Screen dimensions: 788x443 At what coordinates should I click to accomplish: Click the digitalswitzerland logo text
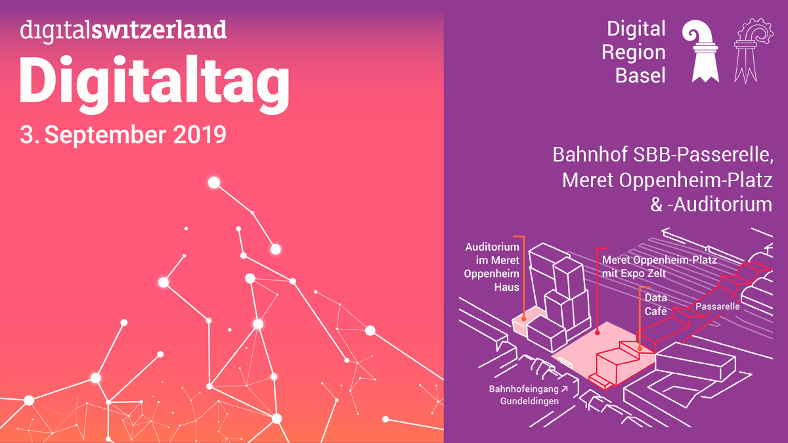tap(123, 31)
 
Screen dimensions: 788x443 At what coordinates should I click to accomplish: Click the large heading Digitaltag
tap(154, 84)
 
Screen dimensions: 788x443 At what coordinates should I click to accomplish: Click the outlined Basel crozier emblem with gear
tap(753, 51)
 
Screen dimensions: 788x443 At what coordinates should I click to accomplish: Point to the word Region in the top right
tap(634, 53)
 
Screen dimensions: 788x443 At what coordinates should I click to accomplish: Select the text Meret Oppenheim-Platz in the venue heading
tap(667, 180)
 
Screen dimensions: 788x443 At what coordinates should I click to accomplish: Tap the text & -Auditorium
tap(711, 205)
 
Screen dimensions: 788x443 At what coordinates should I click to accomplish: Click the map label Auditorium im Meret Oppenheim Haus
tap(491, 267)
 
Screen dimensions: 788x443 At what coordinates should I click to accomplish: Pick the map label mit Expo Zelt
tap(634, 273)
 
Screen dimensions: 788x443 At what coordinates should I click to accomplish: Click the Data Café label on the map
tap(656, 305)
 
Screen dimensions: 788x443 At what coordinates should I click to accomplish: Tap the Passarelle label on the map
tap(718, 306)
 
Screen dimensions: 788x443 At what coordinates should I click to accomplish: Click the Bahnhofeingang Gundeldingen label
tap(528, 395)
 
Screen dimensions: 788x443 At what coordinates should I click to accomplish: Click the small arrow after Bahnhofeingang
tap(564, 389)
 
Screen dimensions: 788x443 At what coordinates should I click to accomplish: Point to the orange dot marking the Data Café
tap(640, 348)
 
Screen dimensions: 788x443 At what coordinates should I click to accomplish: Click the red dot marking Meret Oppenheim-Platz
tap(598, 332)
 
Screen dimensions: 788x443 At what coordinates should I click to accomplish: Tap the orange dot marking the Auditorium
tap(524, 318)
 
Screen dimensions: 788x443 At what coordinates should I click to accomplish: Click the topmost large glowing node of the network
tap(214, 183)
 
